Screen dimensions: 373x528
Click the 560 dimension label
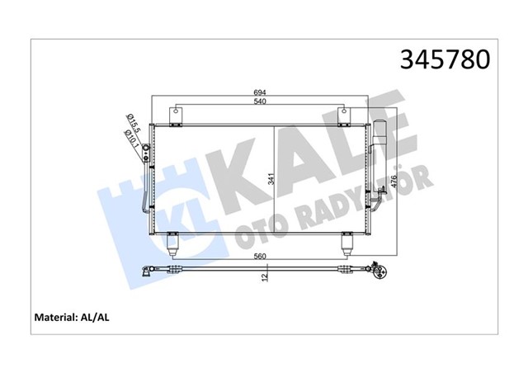click(x=262, y=257)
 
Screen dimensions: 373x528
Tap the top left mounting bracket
click(x=176, y=116)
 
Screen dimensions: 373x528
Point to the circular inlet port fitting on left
click(x=146, y=149)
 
